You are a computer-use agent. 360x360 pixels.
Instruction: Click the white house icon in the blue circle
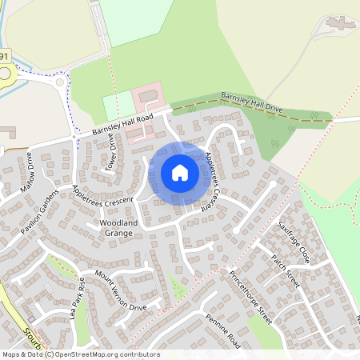180,172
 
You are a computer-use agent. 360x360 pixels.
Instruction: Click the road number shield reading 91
5,58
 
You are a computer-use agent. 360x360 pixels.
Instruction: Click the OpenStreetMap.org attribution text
94,354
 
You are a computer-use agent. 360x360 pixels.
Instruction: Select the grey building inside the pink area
148,97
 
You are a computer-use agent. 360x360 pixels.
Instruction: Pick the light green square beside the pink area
118,106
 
